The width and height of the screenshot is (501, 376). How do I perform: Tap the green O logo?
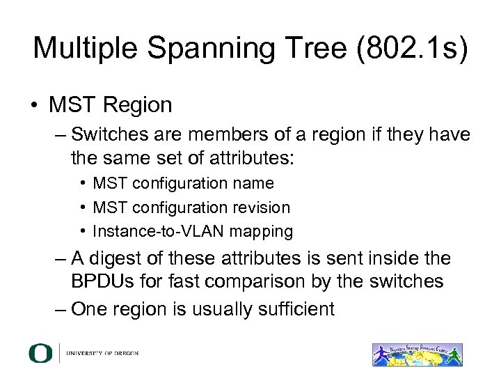pos(40,353)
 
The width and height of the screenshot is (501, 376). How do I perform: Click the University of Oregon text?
pos(102,354)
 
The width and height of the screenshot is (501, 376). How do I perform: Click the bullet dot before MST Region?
pos(35,106)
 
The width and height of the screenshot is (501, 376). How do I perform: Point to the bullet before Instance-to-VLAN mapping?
pos(83,231)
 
